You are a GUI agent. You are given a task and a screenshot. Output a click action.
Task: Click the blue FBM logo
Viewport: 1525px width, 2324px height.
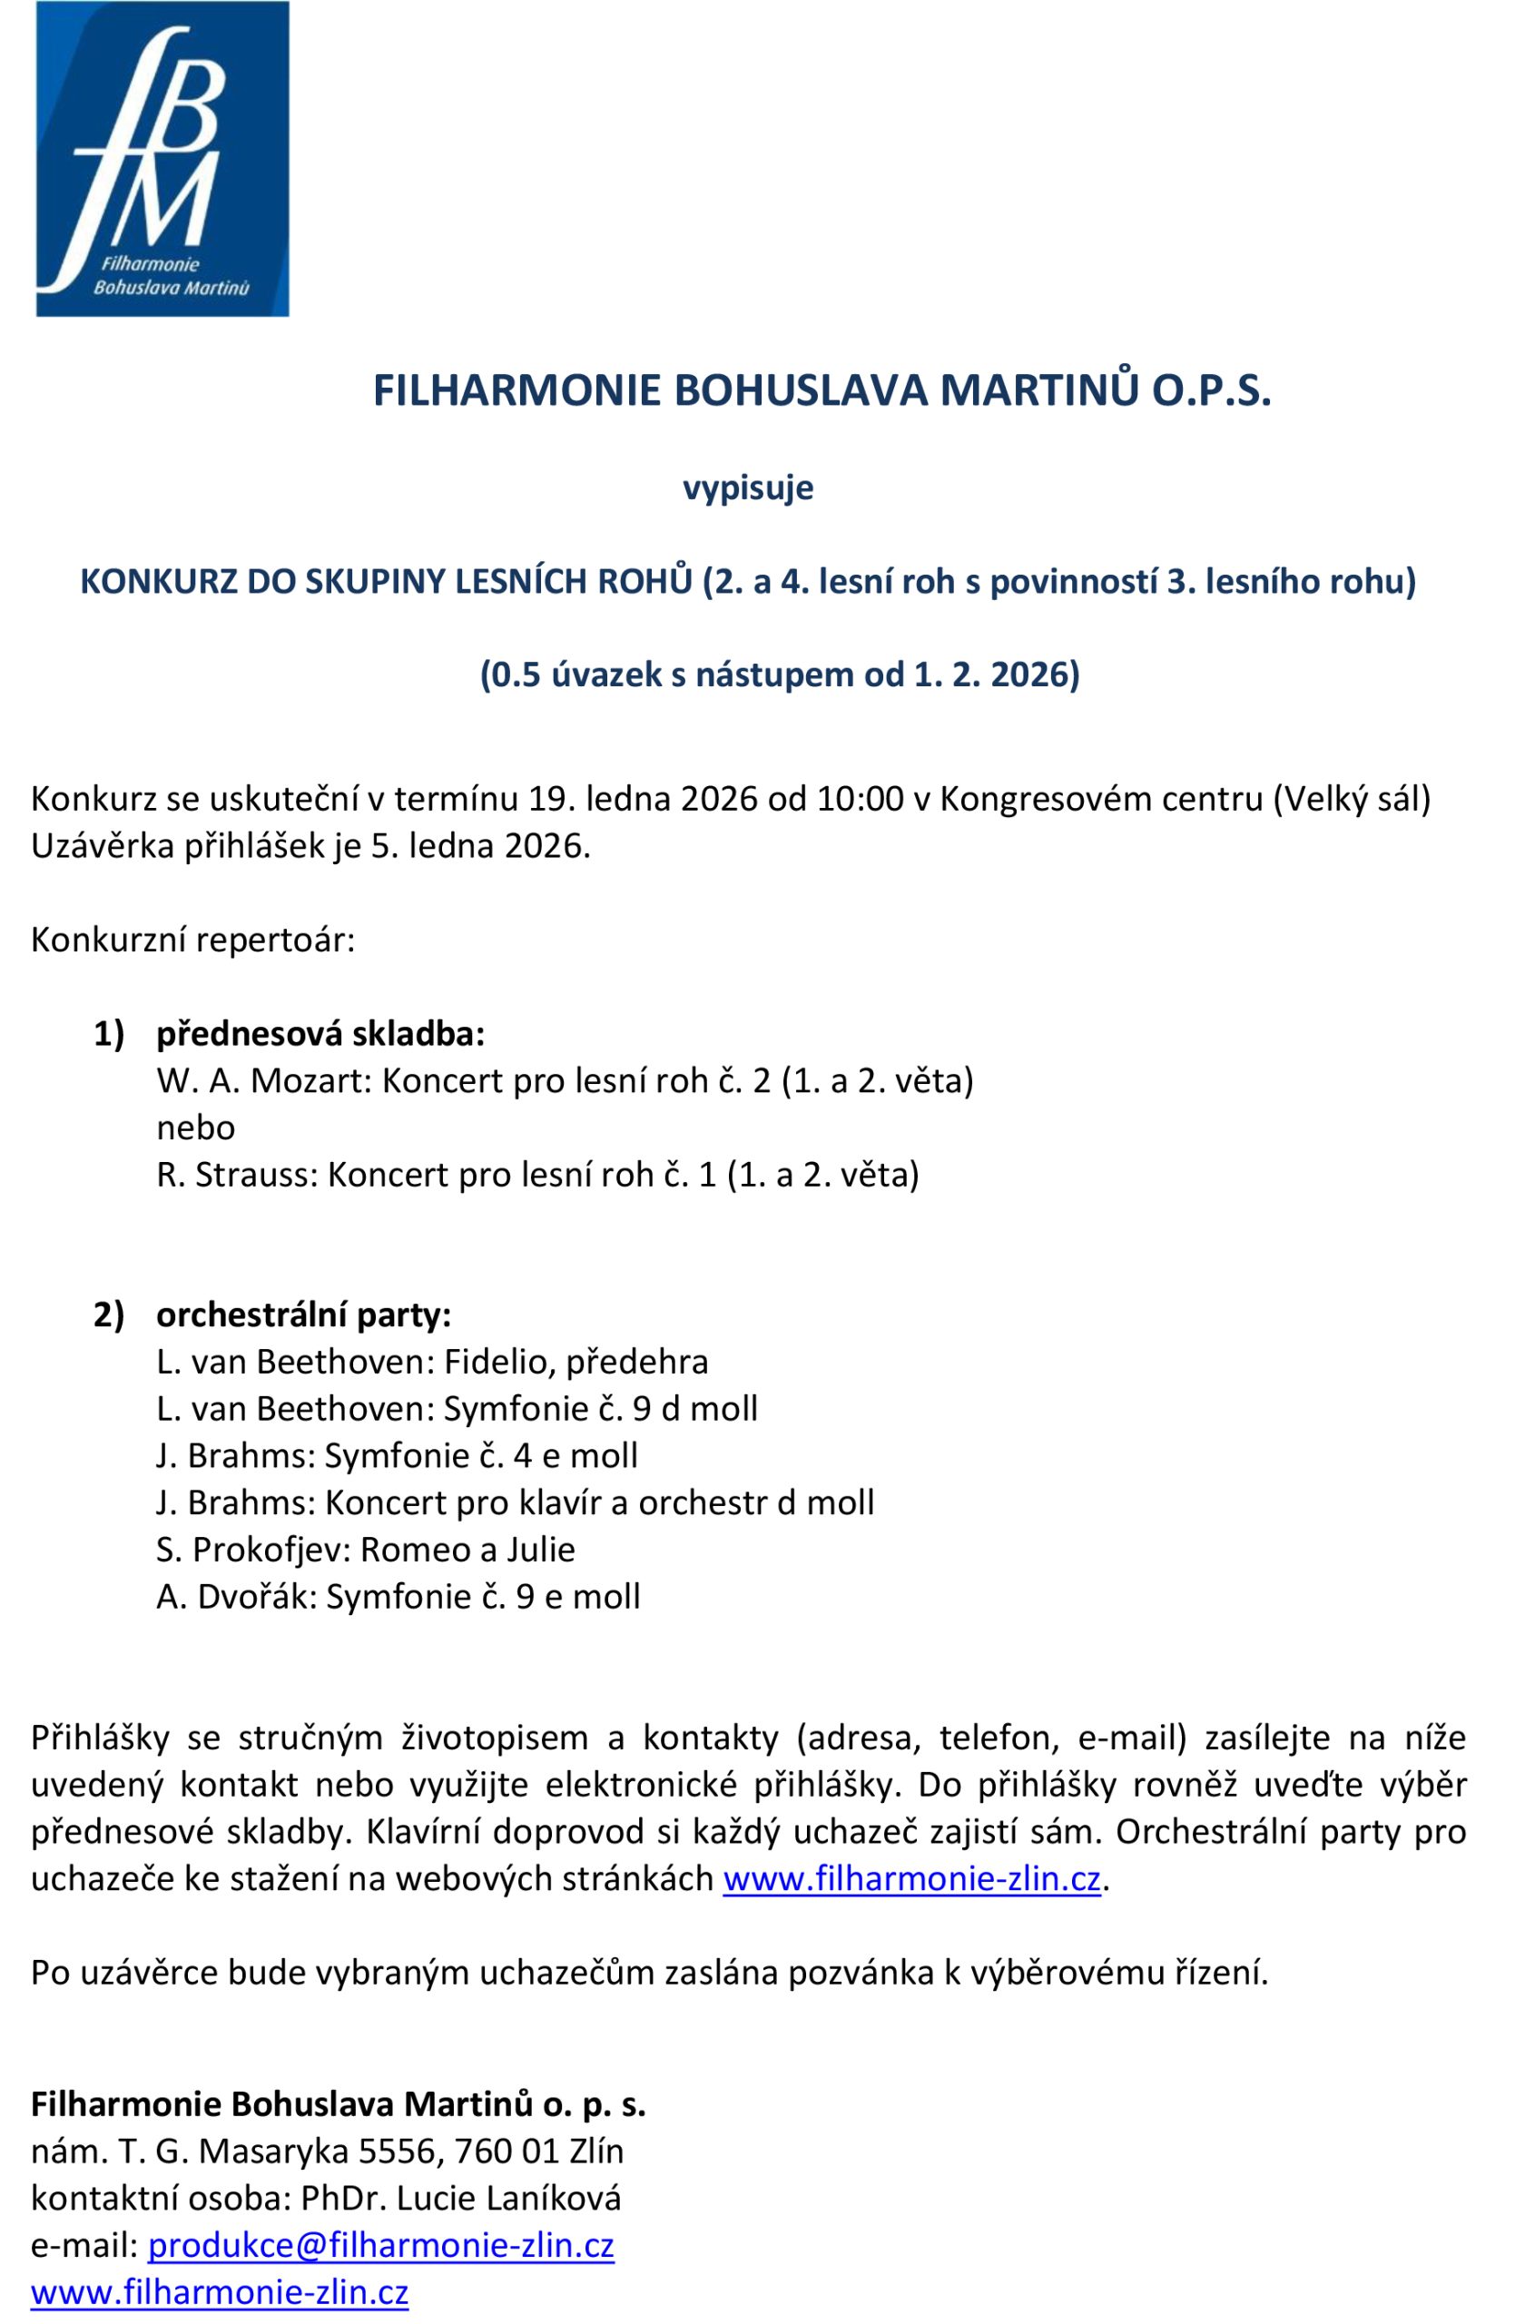pyautogui.click(x=162, y=159)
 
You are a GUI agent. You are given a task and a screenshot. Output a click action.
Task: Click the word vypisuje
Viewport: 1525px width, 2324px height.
pyautogui.click(x=748, y=487)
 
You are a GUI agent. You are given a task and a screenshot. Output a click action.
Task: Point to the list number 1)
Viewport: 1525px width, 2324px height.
pyautogui.click(x=109, y=1034)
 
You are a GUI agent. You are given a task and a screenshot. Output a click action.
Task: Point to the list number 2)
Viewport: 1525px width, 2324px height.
pyautogui.click(x=109, y=1315)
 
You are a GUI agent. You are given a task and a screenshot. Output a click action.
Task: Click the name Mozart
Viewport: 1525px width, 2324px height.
pyautogui.click(x=311, y=1081)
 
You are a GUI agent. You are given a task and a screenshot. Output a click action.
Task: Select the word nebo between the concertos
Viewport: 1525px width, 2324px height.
pyautogui.click(x=195, y=1128)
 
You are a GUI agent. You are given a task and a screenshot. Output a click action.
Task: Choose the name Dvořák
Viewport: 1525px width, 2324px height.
pyautogui.click(x=257, y=1597)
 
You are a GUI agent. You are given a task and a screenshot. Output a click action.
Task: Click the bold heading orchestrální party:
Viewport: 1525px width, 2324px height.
pyautogui.click(x=303, y=1315)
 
